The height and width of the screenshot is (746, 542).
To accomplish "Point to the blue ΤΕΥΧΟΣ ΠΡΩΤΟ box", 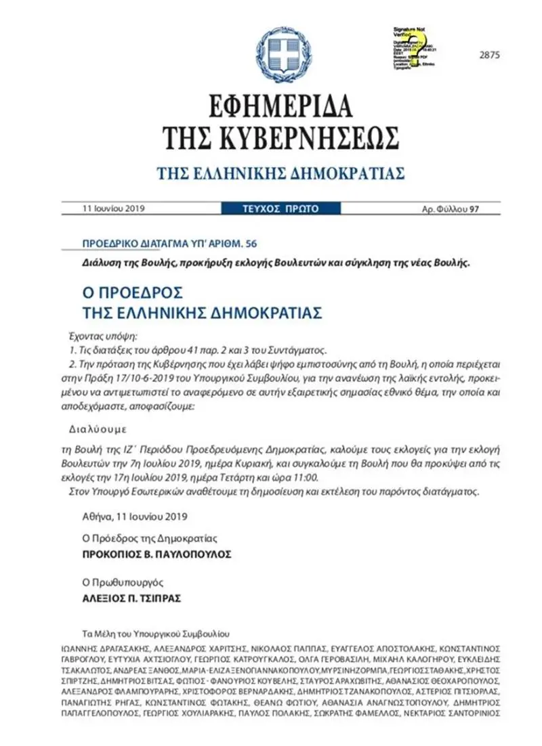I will point(280,209).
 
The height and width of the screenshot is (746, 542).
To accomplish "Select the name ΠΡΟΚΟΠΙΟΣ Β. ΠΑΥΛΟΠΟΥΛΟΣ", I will point(157,553).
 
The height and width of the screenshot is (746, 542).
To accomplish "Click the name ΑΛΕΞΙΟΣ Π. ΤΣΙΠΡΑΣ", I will point(133,598).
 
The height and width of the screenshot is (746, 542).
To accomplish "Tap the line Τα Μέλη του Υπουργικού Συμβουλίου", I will point(156,635).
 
